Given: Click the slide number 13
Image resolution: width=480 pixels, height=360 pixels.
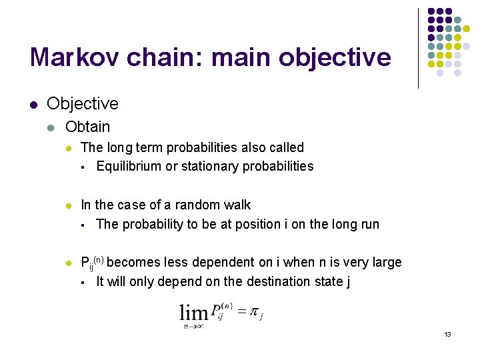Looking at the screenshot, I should click(x=447, y=334).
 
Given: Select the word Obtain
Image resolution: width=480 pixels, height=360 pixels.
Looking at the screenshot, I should click(x=87, y=127).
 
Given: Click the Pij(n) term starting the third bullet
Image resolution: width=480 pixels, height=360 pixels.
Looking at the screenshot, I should click(x=92, y=263).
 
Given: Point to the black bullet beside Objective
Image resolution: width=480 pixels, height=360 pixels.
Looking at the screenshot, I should click(x=33, y=104).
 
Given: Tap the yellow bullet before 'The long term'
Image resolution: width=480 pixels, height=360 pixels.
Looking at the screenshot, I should click(x=69, y=147).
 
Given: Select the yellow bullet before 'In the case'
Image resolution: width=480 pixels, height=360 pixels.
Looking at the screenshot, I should click(x=69, y=205).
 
